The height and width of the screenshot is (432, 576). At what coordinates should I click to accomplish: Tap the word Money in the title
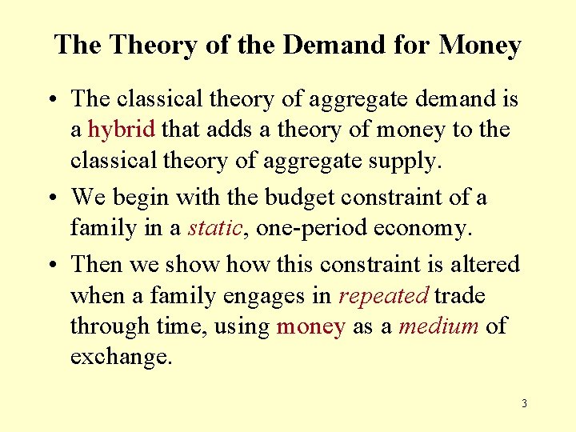tap(480, 45)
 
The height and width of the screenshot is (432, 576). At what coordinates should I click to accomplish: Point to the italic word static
tap(215, 229)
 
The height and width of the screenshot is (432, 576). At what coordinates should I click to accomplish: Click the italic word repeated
tap(383, 296)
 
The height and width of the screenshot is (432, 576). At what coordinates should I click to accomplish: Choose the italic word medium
tap(438, 326)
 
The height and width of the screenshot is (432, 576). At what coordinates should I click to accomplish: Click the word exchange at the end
tap(121, 357)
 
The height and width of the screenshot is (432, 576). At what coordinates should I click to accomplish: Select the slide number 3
tap(524, 403)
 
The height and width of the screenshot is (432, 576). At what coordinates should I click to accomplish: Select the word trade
tap(460, 296)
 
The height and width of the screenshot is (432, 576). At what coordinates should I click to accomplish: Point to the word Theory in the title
tap(154, 45)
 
